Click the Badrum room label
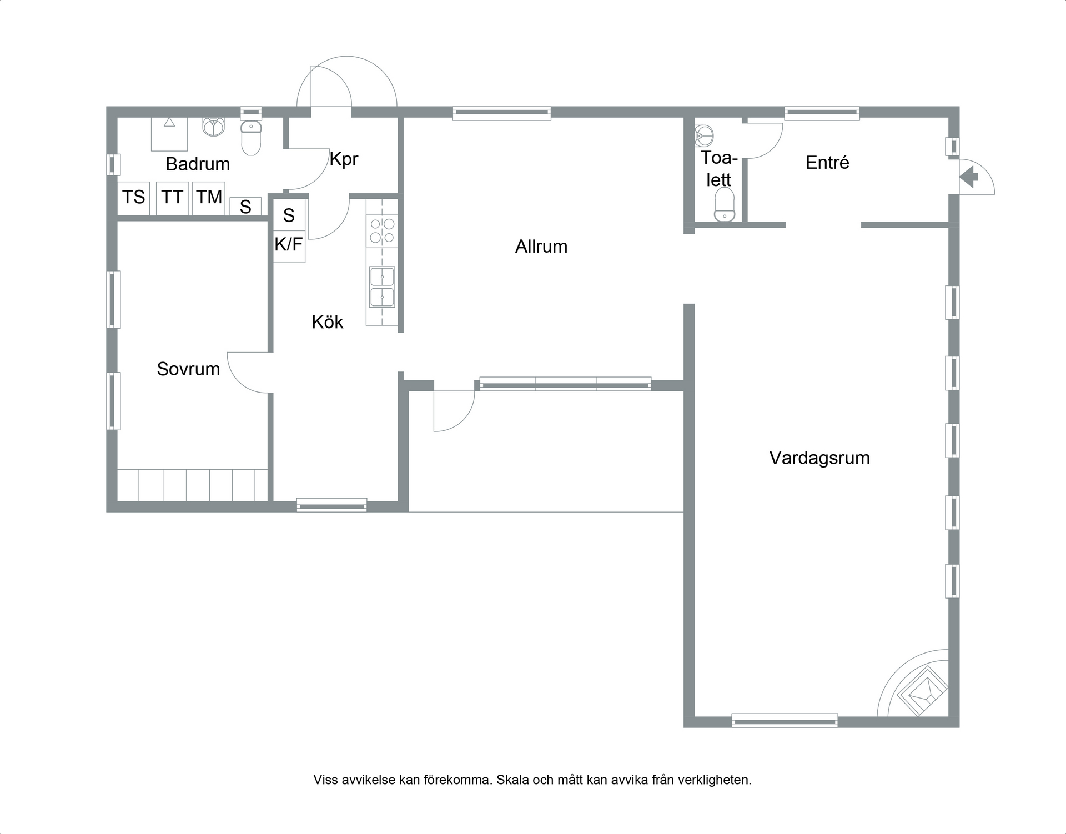(x=198, y=164)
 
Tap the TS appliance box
(x=134, y=198)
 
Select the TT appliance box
(x=173, y=198)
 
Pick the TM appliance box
(x=209, y=198)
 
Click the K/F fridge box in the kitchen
(x=289, y=245)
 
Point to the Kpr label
(x=344, y=159)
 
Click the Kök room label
(x=328, y=322)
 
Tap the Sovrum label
(x=188, y=369)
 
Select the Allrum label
(x=541, y=247)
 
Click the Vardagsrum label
(x=819, y=458)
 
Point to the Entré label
(x=827, y=163)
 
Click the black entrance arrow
(x=969, y=178)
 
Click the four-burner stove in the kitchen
(x=382, y=230)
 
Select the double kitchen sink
(x=382, y=287)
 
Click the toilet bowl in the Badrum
(x=251, y=138)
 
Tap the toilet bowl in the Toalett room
(x=725, y=205)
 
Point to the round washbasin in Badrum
(x=213, y=127)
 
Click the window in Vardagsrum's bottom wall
(x=785, y=721)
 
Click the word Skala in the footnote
(x=512, y=780)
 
